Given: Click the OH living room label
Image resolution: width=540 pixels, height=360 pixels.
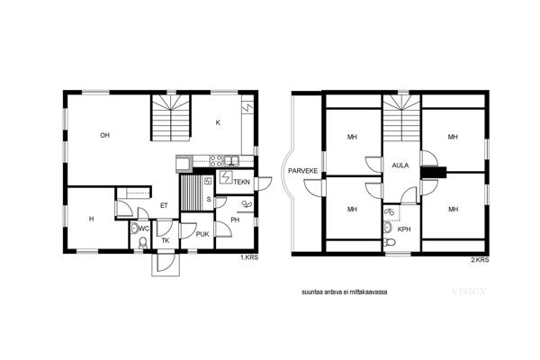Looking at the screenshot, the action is coord(104,135).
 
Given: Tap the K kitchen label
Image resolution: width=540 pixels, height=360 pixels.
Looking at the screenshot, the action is coord(218,122).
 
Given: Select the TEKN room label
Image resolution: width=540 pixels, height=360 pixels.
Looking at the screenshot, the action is coord(241,182).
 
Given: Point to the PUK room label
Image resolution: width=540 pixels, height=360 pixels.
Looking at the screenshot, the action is coord(202,234).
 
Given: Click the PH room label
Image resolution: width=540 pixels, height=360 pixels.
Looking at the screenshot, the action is coord(235,220).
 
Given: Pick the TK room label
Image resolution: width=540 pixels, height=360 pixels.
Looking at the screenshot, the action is coord(166,240).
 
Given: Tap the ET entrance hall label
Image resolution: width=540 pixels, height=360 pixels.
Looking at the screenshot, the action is coord(164,206).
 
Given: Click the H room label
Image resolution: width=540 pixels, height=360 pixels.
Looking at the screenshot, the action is coord(91,219).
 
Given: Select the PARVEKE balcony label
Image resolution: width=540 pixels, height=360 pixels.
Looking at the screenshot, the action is coord(302,170).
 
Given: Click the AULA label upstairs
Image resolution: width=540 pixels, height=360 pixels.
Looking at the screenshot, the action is coord(400,166).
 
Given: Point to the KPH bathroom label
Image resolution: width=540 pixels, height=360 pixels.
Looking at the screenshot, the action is coord(404,229).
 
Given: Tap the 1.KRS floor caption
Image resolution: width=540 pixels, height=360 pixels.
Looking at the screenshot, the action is coord(249,257).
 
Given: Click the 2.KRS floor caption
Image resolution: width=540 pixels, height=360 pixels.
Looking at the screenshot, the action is coord(480,260).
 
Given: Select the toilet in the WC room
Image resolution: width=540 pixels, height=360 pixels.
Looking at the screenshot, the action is coord(143,243).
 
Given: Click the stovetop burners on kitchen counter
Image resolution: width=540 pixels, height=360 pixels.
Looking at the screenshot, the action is coord(216,160).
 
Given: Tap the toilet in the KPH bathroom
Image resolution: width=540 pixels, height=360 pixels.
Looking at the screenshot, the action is coord(391,242).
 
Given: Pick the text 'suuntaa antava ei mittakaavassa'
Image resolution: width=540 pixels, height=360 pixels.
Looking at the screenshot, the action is coord(345,292).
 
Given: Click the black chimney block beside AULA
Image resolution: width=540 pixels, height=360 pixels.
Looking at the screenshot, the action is coord(434,172).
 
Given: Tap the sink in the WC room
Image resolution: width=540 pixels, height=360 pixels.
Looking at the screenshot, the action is coord(134,228).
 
